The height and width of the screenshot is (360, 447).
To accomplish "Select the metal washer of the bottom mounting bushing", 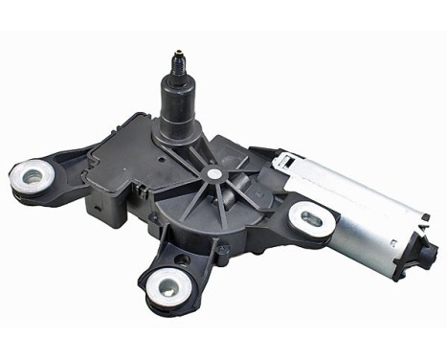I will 166,284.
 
